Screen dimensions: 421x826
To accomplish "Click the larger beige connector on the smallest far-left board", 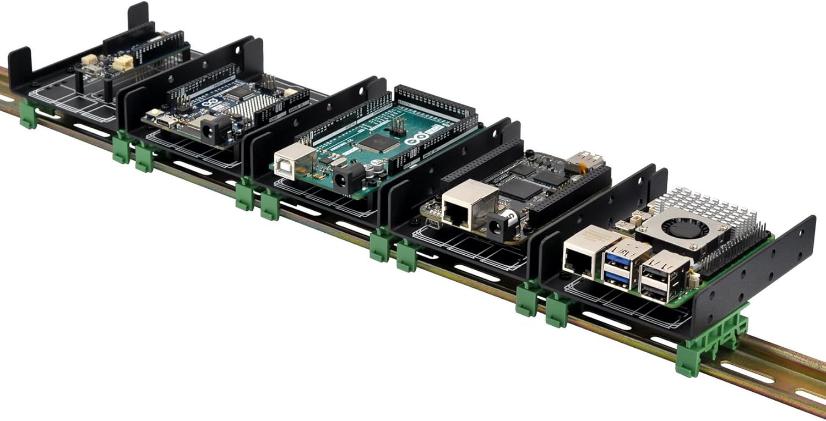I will [x=122, y=63].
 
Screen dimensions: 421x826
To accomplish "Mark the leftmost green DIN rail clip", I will [x=28, y=114].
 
